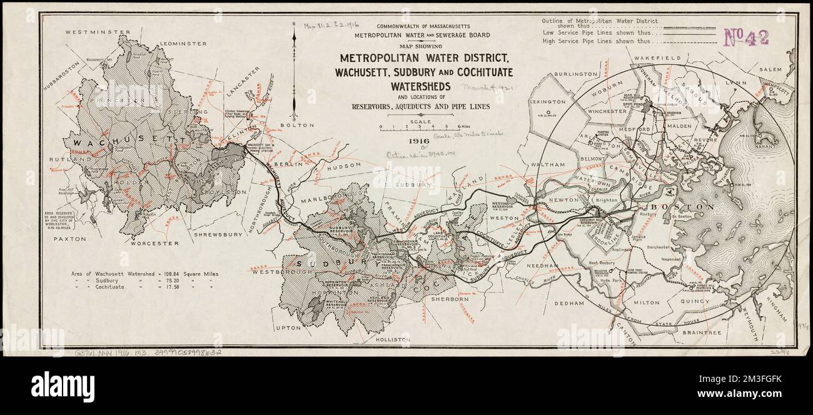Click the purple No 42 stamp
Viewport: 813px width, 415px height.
747,37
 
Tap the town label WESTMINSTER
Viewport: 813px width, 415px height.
93,31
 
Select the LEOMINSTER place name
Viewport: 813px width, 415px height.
183,44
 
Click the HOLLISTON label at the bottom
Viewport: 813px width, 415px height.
393,339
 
